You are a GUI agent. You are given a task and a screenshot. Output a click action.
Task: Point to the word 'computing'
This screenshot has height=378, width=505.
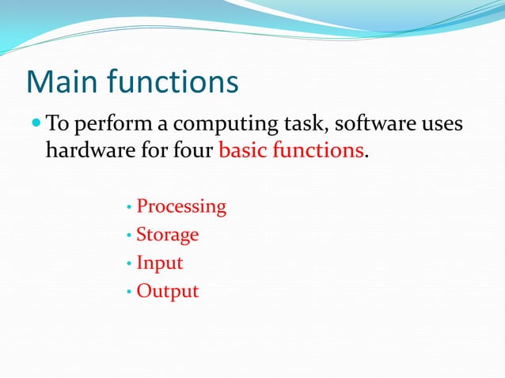pyautogui.click(x=222, y=127)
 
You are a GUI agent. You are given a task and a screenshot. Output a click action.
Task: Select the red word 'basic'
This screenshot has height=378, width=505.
pyautogui.click(x=241, y=150)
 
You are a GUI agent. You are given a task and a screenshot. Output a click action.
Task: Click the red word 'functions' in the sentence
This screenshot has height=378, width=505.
pyautogui.click(x=318, y=150)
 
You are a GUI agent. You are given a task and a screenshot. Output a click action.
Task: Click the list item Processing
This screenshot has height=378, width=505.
pyautogui.click(x=181, y=207)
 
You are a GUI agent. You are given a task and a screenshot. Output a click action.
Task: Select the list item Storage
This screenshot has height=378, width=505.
pyautogui.click(x=167, y=235)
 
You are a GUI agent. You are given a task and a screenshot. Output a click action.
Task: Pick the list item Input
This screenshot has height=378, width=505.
pyautogui.click(x=159, y=263)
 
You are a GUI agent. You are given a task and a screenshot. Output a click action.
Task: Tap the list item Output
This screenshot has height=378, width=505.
pyautogui.click(x=167, y=291)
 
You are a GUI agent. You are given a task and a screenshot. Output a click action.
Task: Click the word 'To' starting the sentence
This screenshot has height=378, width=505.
pyautogui.click(x=56, y=125)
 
